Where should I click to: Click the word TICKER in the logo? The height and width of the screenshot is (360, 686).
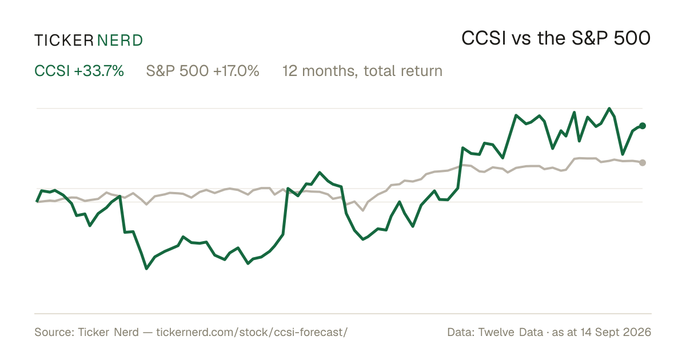tap(63, 41)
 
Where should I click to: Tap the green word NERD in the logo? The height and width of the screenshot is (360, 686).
tap(120, 41)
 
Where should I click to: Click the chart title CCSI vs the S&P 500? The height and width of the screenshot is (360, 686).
tap(556, 38)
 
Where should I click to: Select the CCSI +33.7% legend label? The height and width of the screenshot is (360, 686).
tap(79, 71)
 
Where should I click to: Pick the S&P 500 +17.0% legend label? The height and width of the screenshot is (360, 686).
tap(203, 71)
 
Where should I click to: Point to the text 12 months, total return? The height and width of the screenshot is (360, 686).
tap(362, 71)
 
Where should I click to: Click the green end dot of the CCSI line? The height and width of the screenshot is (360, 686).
tap(643, 126)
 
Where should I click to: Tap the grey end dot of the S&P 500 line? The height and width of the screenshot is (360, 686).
tap(643, 162)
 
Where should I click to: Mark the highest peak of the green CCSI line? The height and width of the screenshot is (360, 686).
tap(609, 109)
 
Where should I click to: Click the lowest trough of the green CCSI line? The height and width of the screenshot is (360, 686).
tap(146, 269)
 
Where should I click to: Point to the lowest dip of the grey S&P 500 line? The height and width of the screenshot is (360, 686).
tap(363, 210)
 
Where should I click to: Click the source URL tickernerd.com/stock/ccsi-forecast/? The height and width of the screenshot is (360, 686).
tap(252, 332)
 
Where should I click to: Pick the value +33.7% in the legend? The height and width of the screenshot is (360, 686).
tap(99, 71)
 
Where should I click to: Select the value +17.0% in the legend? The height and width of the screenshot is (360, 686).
tap(236, 71)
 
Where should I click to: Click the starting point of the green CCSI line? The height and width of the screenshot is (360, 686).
tap(37, 202)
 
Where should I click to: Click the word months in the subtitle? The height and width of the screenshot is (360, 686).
tap(330, 71)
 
